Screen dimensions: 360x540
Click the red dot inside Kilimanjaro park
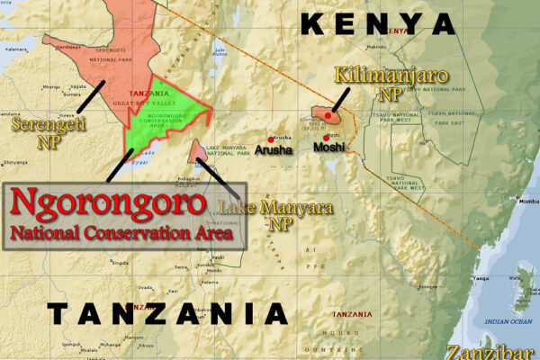[329, 116]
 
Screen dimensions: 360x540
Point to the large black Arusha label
[272, 150]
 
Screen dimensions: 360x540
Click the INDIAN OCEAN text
[508, 320]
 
